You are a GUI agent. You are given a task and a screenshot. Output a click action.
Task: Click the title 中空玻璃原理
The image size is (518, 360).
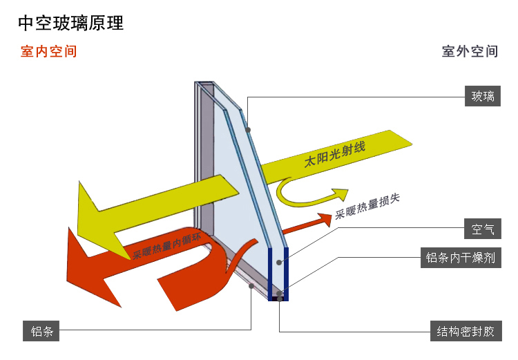70,23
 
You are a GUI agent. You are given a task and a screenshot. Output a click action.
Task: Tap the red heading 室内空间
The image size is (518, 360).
48,52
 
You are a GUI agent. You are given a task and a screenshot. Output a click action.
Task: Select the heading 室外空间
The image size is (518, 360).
470,52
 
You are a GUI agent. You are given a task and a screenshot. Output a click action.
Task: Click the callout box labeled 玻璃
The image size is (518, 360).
483,97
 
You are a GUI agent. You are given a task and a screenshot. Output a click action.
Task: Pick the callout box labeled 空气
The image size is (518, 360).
483,229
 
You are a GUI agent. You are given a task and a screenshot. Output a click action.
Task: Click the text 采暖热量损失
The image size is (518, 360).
367,207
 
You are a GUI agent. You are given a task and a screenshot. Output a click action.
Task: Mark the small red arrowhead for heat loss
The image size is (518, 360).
325,220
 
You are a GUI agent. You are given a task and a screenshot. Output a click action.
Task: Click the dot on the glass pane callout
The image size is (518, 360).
247,130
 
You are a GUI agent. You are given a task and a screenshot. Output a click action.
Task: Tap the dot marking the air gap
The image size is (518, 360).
280,262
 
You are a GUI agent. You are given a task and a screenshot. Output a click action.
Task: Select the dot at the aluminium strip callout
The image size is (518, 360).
252,285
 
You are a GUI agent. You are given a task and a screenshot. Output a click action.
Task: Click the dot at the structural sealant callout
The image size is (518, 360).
280,299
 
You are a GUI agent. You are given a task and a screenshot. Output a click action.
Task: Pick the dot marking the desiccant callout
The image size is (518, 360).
279,293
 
